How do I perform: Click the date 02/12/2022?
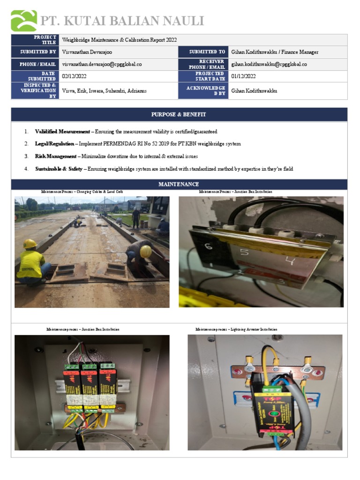(74, 76)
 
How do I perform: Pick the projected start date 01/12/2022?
(243, 76)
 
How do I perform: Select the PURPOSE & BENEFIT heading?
(179, 114)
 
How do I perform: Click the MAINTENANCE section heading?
(179, 184)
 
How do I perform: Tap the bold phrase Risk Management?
(55, 156)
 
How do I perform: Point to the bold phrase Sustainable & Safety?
(59, 169)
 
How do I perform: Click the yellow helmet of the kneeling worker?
(30, 244)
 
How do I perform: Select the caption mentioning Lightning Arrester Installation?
(236, 330)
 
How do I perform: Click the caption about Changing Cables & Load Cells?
(82, 192)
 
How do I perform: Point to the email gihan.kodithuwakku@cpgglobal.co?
(269, 64)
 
